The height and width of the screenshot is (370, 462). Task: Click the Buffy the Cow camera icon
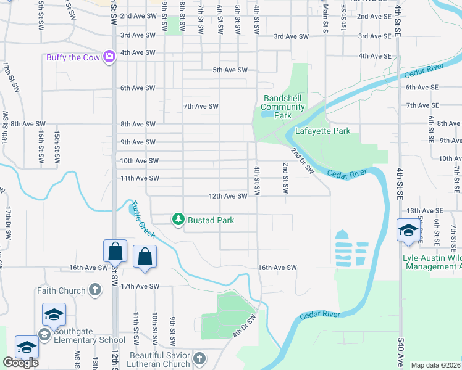110,57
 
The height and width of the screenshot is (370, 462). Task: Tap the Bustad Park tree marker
178,219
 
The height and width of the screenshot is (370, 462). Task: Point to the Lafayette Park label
322,131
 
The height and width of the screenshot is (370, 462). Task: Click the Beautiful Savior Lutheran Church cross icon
199,358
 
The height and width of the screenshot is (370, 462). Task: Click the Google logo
20,363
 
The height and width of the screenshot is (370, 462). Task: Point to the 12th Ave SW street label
228,196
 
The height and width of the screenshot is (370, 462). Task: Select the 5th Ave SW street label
230,70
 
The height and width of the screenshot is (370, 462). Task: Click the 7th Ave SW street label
201,106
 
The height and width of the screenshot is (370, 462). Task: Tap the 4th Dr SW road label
244,326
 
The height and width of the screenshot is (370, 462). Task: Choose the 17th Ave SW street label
140,286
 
